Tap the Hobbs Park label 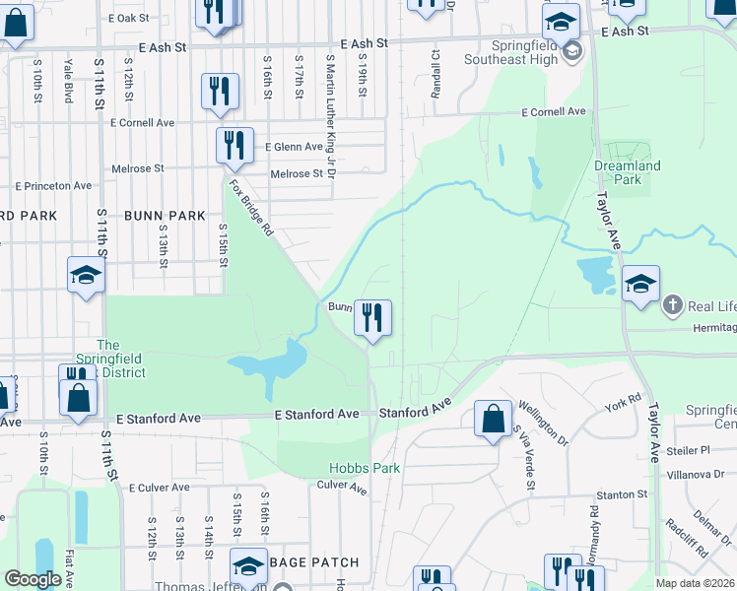point(365,468)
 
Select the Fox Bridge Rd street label point(250,208)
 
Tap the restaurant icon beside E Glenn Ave point(234,146)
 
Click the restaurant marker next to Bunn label point(372,317)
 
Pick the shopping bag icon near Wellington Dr point(493,418)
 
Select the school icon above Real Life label point(640,285)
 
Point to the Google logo point(33,579)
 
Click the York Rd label point(623,404)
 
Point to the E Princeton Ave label point(54,185)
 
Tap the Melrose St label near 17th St point(297,174)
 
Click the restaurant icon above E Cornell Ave point(219,92)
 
